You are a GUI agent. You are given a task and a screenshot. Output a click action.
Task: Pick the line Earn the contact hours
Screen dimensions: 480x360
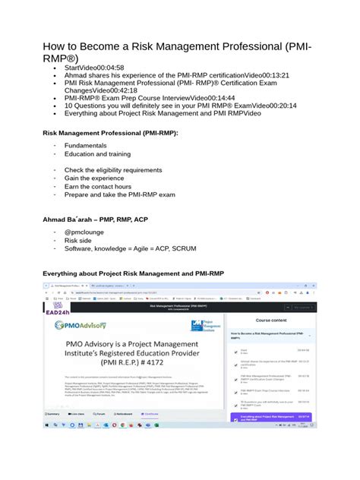(97, 186)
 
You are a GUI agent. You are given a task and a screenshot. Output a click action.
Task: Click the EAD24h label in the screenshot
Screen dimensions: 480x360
(58, 311)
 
